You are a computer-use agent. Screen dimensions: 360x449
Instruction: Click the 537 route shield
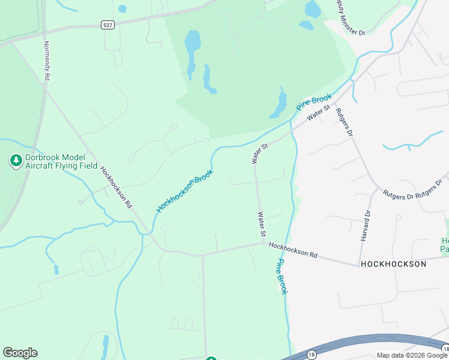(107, 25)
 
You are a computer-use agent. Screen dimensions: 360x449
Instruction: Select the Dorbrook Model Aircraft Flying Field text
(61, 162)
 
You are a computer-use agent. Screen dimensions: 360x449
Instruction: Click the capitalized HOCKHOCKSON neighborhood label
(393, 264)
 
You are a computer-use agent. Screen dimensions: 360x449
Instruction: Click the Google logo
(20, 353)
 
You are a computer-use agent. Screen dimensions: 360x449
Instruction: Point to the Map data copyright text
(412, 355)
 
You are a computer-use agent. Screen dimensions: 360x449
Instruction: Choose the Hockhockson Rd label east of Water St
(293, 250)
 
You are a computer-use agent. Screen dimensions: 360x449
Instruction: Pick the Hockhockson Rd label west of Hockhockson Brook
(116, 187)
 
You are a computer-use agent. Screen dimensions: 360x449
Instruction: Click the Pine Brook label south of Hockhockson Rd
(282, 276)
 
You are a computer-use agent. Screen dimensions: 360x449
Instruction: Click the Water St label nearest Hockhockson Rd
(262, 223)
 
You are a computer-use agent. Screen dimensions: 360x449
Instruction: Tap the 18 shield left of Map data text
(311, 355)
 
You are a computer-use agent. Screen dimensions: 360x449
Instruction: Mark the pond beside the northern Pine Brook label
(279, 104)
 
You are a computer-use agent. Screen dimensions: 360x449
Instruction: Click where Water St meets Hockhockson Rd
(264, 243)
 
